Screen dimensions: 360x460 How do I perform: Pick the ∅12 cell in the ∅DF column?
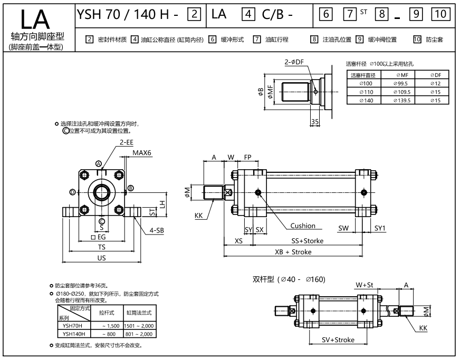[x=436, y=83]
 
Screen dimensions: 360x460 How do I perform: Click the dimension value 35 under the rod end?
[x=315, y=122]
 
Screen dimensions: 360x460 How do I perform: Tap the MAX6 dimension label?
[x=141, y=153]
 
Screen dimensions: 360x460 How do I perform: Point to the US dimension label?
[x=101, y=258]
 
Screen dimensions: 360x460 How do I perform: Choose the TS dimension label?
[x=101, y=247]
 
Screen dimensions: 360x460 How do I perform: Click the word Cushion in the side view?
[x=302, y=226]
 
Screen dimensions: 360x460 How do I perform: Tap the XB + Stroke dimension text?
[x=293, y=252]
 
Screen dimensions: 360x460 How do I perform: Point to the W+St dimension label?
[x=363, y=285]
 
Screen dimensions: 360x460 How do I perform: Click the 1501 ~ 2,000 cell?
[x=139, y=326]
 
